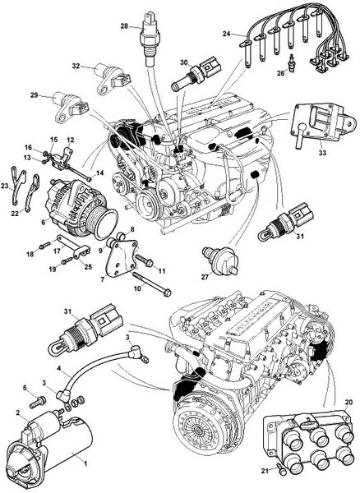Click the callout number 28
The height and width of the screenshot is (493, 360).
(124, 26)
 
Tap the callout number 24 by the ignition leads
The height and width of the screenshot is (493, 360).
(226, 34)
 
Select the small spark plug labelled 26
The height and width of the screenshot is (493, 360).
(292, 61)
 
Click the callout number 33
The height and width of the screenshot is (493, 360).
(322, 153)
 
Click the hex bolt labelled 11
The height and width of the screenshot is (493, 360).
(145, 260)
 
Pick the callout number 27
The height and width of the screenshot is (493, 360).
(205, 277)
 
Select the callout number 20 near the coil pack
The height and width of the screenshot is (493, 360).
(348, 402)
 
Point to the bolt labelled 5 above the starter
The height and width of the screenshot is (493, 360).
(38, 402)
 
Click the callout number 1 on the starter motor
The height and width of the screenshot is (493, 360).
(85, 463)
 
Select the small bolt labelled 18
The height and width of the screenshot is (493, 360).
(45, 245)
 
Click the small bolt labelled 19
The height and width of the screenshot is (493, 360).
(67, 260)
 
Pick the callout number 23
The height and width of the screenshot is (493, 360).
(5, 187)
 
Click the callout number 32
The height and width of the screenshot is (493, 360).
(76, 66)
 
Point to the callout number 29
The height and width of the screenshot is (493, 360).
(35, 94)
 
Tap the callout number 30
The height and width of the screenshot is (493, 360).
(183, 62)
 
